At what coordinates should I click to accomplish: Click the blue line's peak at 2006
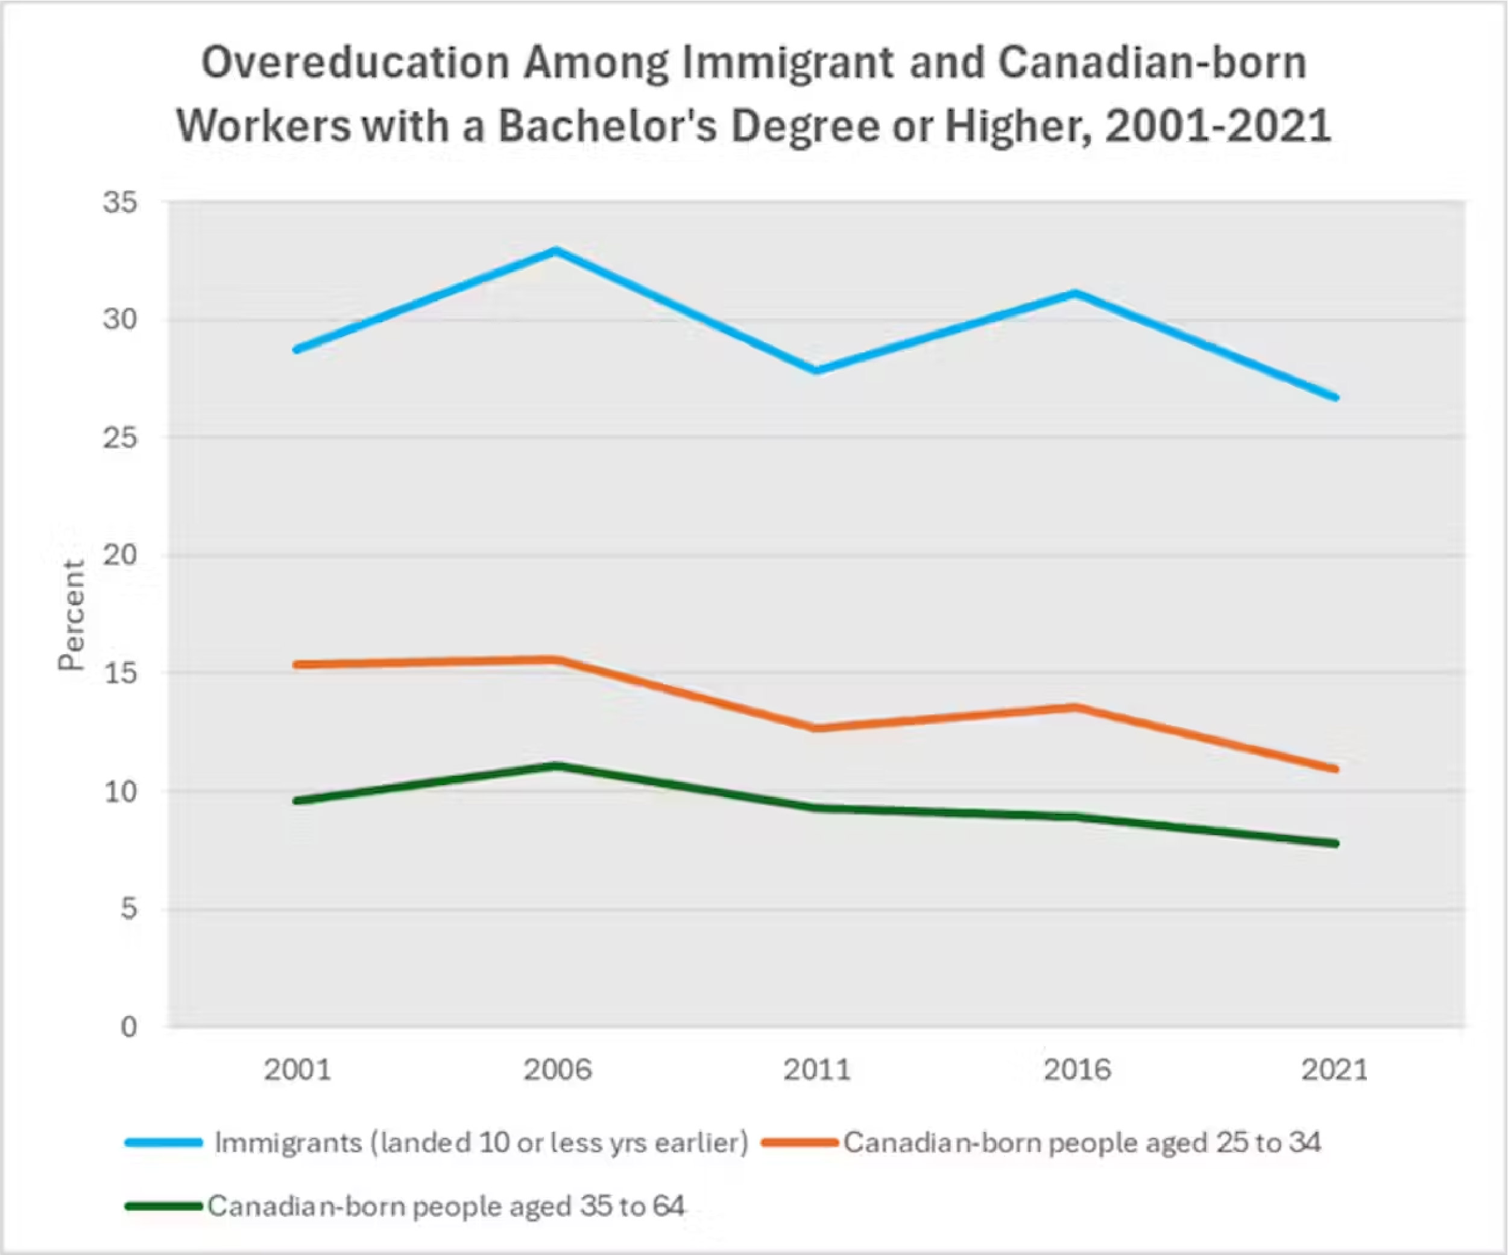557,251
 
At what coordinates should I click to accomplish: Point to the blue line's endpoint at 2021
1335,397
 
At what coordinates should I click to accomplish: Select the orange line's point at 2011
817,728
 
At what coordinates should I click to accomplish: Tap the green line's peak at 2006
557,765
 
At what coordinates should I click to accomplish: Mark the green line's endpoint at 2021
1335,844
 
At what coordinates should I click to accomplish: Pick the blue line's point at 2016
1075,293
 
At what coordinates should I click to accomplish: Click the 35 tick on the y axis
119,203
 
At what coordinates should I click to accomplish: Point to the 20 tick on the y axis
119,555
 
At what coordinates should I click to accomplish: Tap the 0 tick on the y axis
128,1026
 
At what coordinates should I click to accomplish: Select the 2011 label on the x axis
817,1070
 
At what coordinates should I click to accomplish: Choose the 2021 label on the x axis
1335,1070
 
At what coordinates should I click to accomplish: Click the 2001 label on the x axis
297,1070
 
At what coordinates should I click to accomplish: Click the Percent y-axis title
72,615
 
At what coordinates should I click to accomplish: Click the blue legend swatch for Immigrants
164,1143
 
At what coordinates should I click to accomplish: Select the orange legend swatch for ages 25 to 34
800,1143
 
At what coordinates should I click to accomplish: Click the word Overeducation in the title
355,63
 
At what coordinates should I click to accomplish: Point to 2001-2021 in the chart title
1218,125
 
